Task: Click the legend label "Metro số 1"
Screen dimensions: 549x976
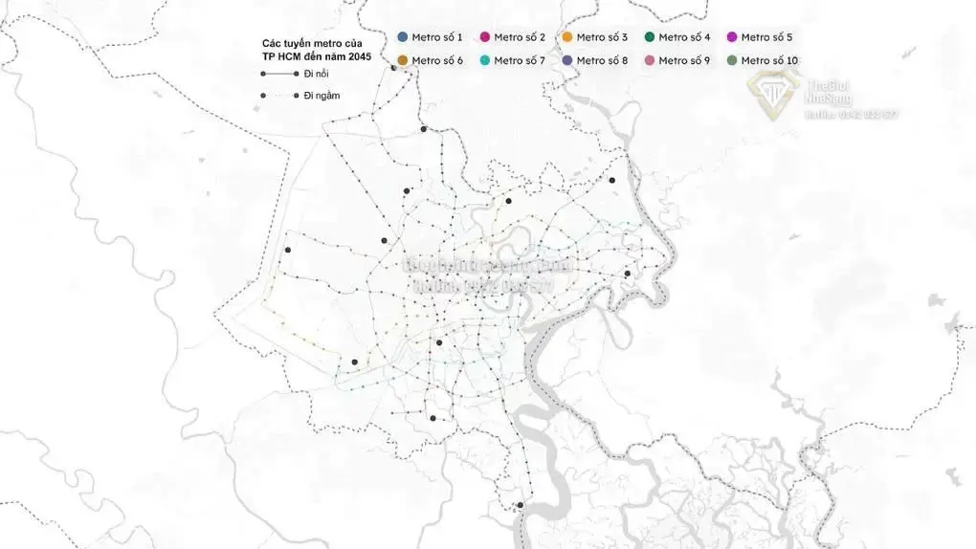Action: click(x=437, y=37)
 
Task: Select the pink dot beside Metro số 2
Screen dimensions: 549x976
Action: click(x=485, y=37)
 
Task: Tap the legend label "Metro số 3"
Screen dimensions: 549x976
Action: click(x=602, y=37)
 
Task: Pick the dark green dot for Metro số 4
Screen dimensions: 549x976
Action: click(x=650, y=37)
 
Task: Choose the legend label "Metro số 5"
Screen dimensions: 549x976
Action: click(x=766, y=37)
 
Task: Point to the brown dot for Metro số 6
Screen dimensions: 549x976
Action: click(x=403, y=60)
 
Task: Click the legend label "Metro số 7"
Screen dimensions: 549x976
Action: click(x=520, y=60)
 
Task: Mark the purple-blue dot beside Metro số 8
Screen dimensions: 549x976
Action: click(x=567, y=60)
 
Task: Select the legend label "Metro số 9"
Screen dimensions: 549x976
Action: click(x=684, y=60)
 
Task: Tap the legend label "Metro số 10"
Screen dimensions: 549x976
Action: click(x=769, y=60)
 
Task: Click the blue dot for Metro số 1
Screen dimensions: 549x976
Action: click(x=403, y=37)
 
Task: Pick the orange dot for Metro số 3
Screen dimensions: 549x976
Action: click(x=567, y=37)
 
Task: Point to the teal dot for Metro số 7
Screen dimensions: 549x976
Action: click(x=485, y=60)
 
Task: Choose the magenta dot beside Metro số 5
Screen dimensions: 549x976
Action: click(x=732, y=37)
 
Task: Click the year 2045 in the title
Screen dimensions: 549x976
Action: click(x=359, y=56)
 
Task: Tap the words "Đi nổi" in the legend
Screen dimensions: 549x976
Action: click(x=317, y=74)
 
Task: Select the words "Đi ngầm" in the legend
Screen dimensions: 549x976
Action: click(x=322, y=95)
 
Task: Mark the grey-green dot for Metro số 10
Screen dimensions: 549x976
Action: click(x=732, y=60)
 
